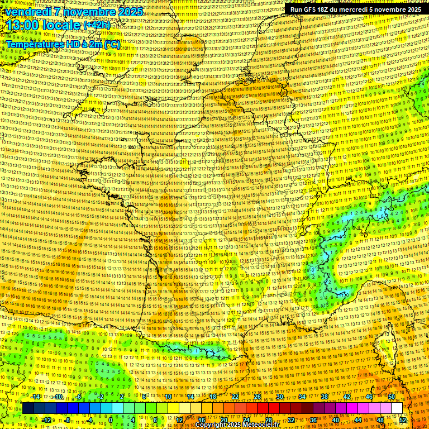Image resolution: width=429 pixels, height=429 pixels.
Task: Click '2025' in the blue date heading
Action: [x=129, y=11]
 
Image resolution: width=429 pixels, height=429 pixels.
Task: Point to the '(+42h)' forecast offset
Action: [x=97, y=25]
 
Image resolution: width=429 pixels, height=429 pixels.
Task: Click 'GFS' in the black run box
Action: [x=310, y=9]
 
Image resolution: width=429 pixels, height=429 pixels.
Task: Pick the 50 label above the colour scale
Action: [x=392, y=397]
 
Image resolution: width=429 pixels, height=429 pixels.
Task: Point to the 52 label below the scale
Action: [x=403, y=420]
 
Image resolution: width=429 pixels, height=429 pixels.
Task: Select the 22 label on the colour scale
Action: [x=235, y=397]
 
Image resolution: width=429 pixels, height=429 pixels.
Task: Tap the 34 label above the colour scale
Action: [x=302, y=397]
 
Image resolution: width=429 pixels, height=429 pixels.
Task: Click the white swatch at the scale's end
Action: [x=397, y=408]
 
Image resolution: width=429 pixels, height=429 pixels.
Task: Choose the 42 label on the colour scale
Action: [x=347, y=397]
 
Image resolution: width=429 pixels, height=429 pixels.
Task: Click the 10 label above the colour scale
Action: [x=168, y=397]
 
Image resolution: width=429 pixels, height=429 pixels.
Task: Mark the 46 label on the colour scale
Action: [x=369, y=397]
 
